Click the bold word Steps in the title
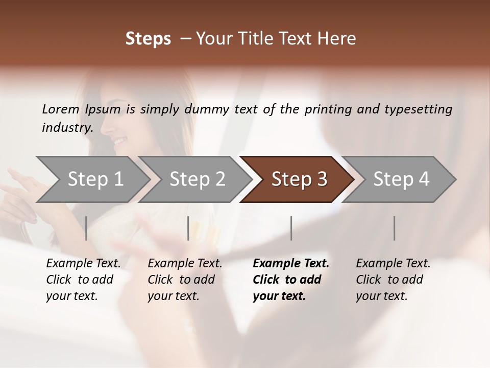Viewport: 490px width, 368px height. pyautogui.click(x=148, y=39)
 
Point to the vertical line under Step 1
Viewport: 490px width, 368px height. pyautogui.click(x=86, y=228)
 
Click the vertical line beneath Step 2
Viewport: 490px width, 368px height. pyautogui.click(x=188, y=228)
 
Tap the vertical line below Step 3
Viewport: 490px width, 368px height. pyautogui.click(x=291, y=228)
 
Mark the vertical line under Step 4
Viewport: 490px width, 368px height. pyautogui.click(x=394, y=228)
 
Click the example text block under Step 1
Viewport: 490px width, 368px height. pyautogui.click(x=83, y=280)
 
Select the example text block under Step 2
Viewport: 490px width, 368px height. pyautogui.click(x=185, y=280)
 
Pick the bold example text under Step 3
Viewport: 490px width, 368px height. pyautogui.click(x=291, y=280)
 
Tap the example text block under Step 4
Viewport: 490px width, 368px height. pyautogui.click(x=393, y=280)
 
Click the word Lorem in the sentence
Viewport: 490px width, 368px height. pyautogui.click(x=60, y=109)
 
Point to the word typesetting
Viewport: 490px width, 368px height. pyautogui.click(x=418, y=109)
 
